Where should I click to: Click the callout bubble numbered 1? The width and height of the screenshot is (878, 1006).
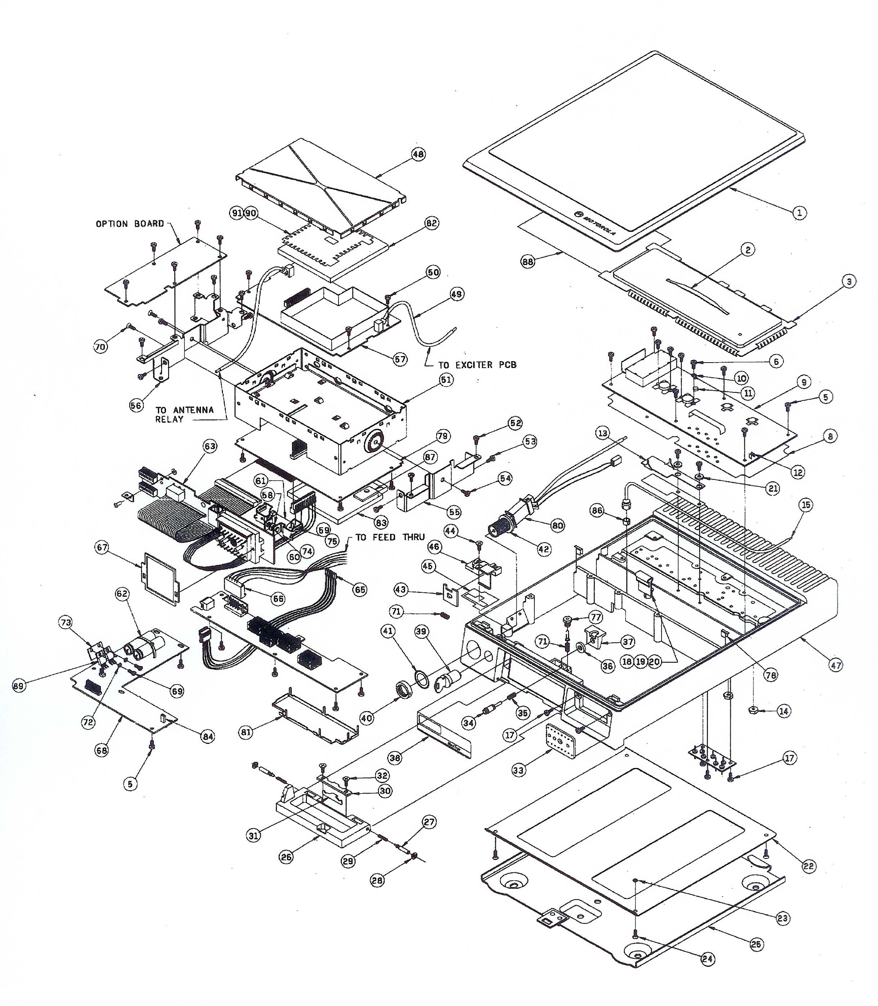point(799,212)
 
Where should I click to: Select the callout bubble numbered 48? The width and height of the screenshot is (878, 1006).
point(418,154)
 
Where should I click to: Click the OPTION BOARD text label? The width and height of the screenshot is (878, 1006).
point(130,224)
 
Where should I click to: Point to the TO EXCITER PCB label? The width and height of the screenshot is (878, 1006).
point(477,365)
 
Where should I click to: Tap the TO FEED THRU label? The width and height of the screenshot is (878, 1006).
point(390,537)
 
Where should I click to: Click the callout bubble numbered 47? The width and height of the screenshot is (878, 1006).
point(836,665)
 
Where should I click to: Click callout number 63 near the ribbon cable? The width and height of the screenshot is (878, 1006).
point(210,446)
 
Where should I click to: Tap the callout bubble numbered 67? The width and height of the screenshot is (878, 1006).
point(102,547)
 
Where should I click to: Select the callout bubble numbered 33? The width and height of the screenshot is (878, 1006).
point(518,770)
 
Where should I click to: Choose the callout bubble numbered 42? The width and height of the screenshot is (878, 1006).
point(544,549)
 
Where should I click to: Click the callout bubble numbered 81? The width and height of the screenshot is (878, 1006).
point(246,732)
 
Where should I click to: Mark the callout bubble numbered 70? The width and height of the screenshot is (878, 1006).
point(100,347)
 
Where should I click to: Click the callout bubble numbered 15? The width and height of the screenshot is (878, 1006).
point(806,504)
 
